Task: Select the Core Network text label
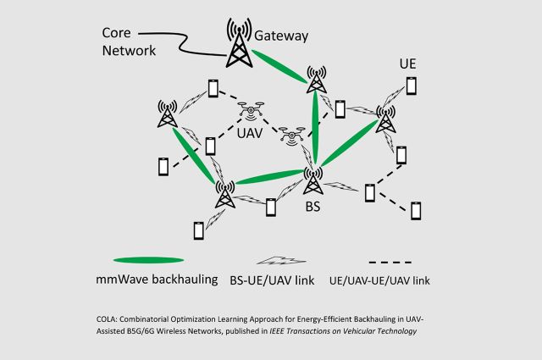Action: (129, 42)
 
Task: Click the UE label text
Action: (408, 64)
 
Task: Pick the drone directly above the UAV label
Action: (252, 110)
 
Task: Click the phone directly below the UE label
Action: (411, 86)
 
